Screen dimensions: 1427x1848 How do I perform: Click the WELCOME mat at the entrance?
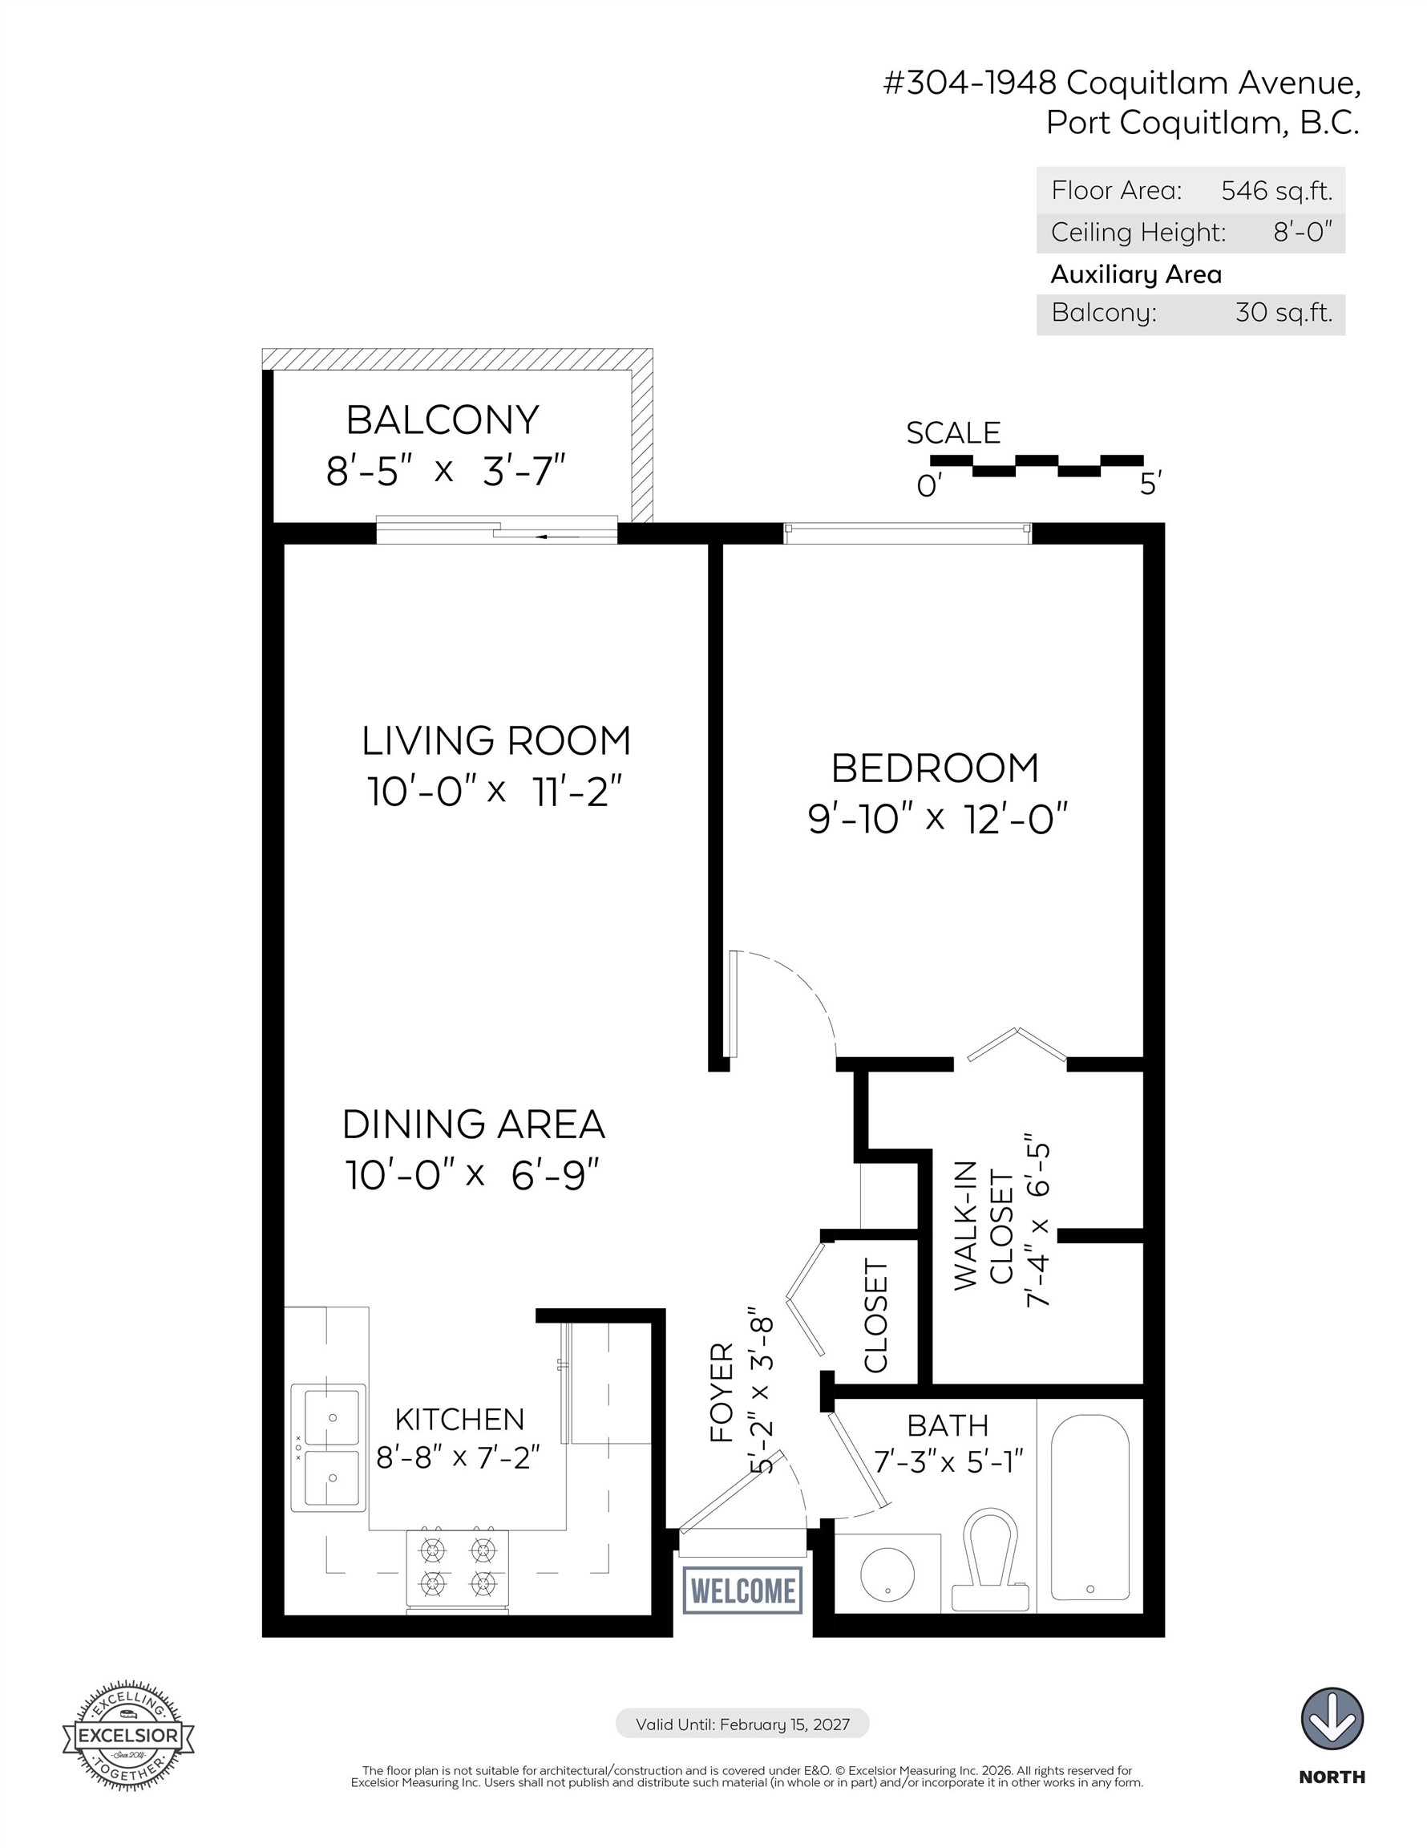(x=743, y=1591)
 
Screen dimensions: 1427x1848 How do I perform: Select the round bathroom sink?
(x=887, y=1574)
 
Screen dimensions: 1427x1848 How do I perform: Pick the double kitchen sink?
(x=329, y=1448)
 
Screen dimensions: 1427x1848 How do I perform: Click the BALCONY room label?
(x=443, y=419)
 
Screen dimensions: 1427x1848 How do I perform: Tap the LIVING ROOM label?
(x=495, y=740)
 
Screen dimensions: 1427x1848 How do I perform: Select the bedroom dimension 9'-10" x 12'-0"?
(x=938, y=819)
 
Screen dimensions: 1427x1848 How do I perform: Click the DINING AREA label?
(x=474, y=1125)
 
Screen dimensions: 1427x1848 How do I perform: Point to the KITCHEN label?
(x=459, y=1419)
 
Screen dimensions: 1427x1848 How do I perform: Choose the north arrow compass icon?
(x=1332, y=1719)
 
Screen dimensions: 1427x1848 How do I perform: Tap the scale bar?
(x=1037, y=465)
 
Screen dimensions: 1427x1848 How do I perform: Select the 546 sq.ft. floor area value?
(x=1276, y=191)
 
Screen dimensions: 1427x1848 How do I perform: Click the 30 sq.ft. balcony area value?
(x=1283, y=313)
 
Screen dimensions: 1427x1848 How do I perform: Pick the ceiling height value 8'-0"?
(x=1303, y=232)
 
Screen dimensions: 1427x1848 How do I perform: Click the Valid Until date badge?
(x=742, y=1724)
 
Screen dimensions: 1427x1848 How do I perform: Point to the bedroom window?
(x=908, y=533)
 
